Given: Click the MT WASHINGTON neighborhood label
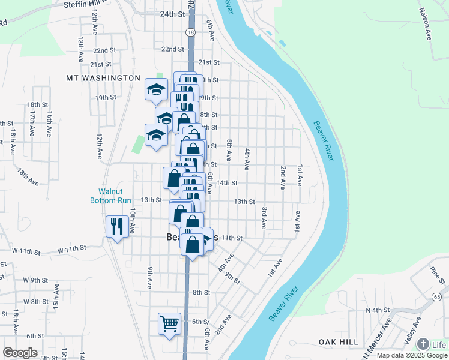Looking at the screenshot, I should [103, 78].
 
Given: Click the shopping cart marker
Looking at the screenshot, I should [169, 324].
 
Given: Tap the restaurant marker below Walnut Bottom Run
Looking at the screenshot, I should [116, 226].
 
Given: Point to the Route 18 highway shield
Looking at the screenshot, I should [190, 32].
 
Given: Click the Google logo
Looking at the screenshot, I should [20, 352].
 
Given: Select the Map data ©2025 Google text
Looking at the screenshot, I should [411, 355].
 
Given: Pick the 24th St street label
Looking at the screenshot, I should [172, 14].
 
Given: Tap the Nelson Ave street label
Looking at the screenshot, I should [426, 23].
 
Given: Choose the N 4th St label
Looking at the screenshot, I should [378, 310].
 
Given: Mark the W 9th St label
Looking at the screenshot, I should [35, 280].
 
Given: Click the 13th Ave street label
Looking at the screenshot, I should [80, 49].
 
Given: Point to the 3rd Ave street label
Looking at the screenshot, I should [264, 218].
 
